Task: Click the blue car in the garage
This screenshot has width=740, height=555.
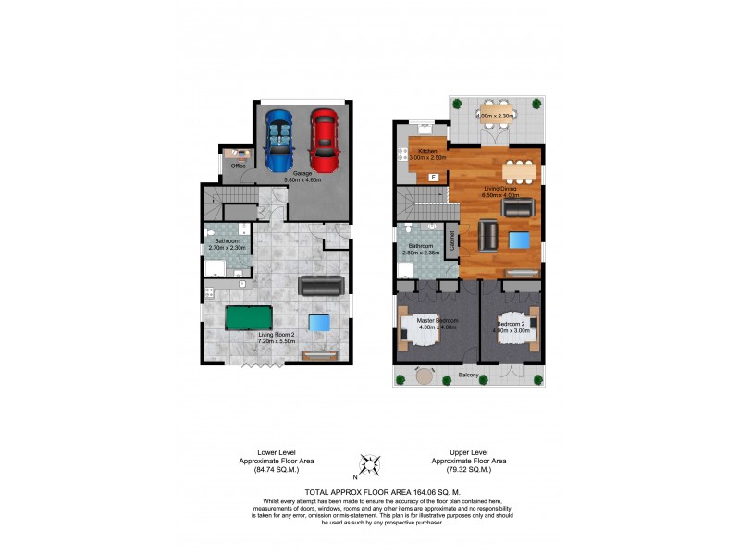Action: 278,139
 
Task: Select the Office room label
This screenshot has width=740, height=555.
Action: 238,166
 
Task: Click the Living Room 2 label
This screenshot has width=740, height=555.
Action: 277,335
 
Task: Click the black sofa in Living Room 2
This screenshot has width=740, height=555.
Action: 320,286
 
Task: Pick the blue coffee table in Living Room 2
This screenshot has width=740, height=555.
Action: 319,322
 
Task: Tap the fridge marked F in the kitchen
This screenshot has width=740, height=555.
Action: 433,176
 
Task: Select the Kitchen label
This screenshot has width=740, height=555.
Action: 426,151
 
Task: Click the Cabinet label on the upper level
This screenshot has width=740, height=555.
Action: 452,242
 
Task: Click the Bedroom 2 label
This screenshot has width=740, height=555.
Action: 512,325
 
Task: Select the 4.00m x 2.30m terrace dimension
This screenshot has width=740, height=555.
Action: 494,116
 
